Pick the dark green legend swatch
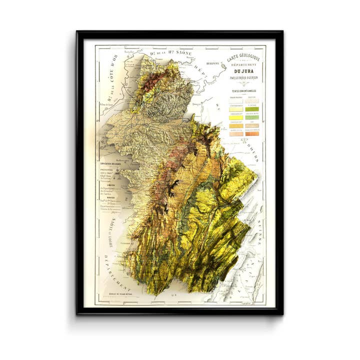(251, 108)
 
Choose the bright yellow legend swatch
(235, 116)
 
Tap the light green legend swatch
(251, 116)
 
